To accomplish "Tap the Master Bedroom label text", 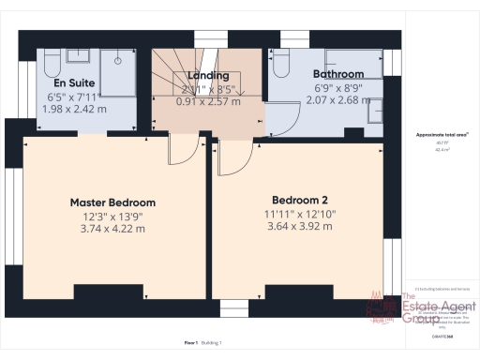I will (112, 202).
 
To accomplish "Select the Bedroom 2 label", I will (299, 200).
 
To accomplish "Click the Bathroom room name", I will (337, 73).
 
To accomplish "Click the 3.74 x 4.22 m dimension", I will (112, 227).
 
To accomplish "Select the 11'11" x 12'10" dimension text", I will (299, 213).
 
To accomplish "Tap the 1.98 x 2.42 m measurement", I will (75, 110).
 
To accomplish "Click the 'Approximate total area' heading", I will (442, 135).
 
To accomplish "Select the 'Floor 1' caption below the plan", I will (190, 343).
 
